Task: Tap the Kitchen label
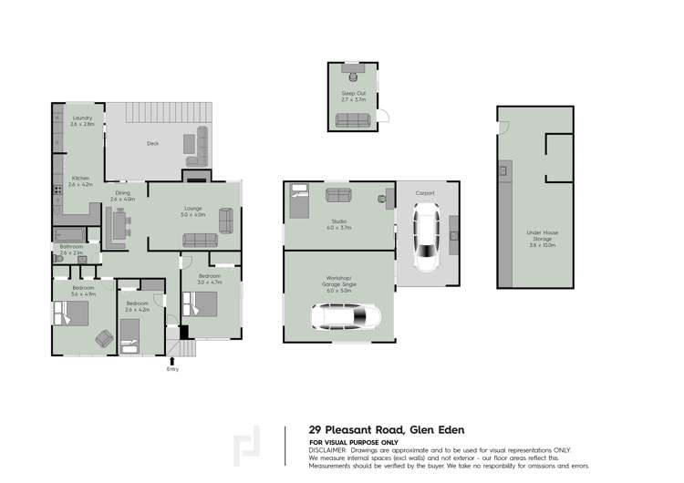[x=80, y=177]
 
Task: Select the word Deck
[x=153, y=143]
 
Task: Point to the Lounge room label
[x=193, y=209]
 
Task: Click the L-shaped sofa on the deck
[x=198, y=141]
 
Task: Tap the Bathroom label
[x=72, y=246]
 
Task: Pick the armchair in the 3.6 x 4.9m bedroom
[x=103, y=340]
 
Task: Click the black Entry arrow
[x=172, y=361]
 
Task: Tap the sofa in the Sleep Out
[x=352, y=119]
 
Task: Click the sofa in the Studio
[x=339, y=194]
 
